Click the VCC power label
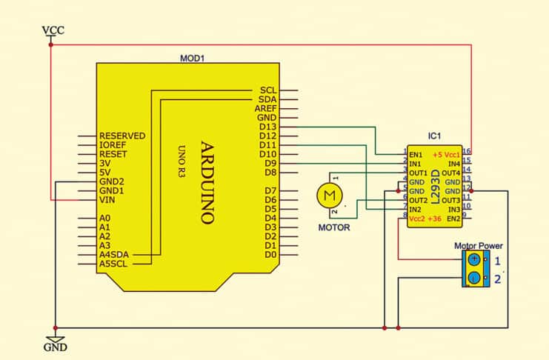tap(53, 30)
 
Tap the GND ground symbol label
tap(56, 347)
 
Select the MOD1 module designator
tap(192, 58)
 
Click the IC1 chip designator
tap(435, 136)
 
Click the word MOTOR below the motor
tap(334, 227)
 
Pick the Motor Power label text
tap(478, 245)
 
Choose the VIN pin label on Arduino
tap(108, 200)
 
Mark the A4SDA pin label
tap(114, 254)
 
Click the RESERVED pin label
tap(122, 136)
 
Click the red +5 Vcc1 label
tap(447, 154)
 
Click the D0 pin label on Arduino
tap(270, 254)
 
